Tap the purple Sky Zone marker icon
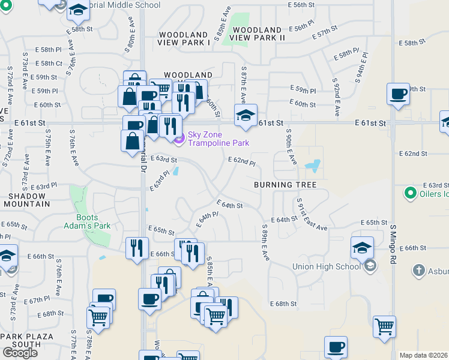point(178,139)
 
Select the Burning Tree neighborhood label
point(285,184)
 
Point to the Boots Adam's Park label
point(94,221)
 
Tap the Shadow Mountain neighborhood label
point(29,200)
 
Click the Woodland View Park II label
point(256,34)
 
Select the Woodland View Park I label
point(184,38)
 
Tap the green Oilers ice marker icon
point(411,193)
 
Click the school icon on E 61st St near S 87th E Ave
point(245,115)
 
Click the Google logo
point(20,352)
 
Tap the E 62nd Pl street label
point(242,162)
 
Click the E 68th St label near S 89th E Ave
point(283,304)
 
